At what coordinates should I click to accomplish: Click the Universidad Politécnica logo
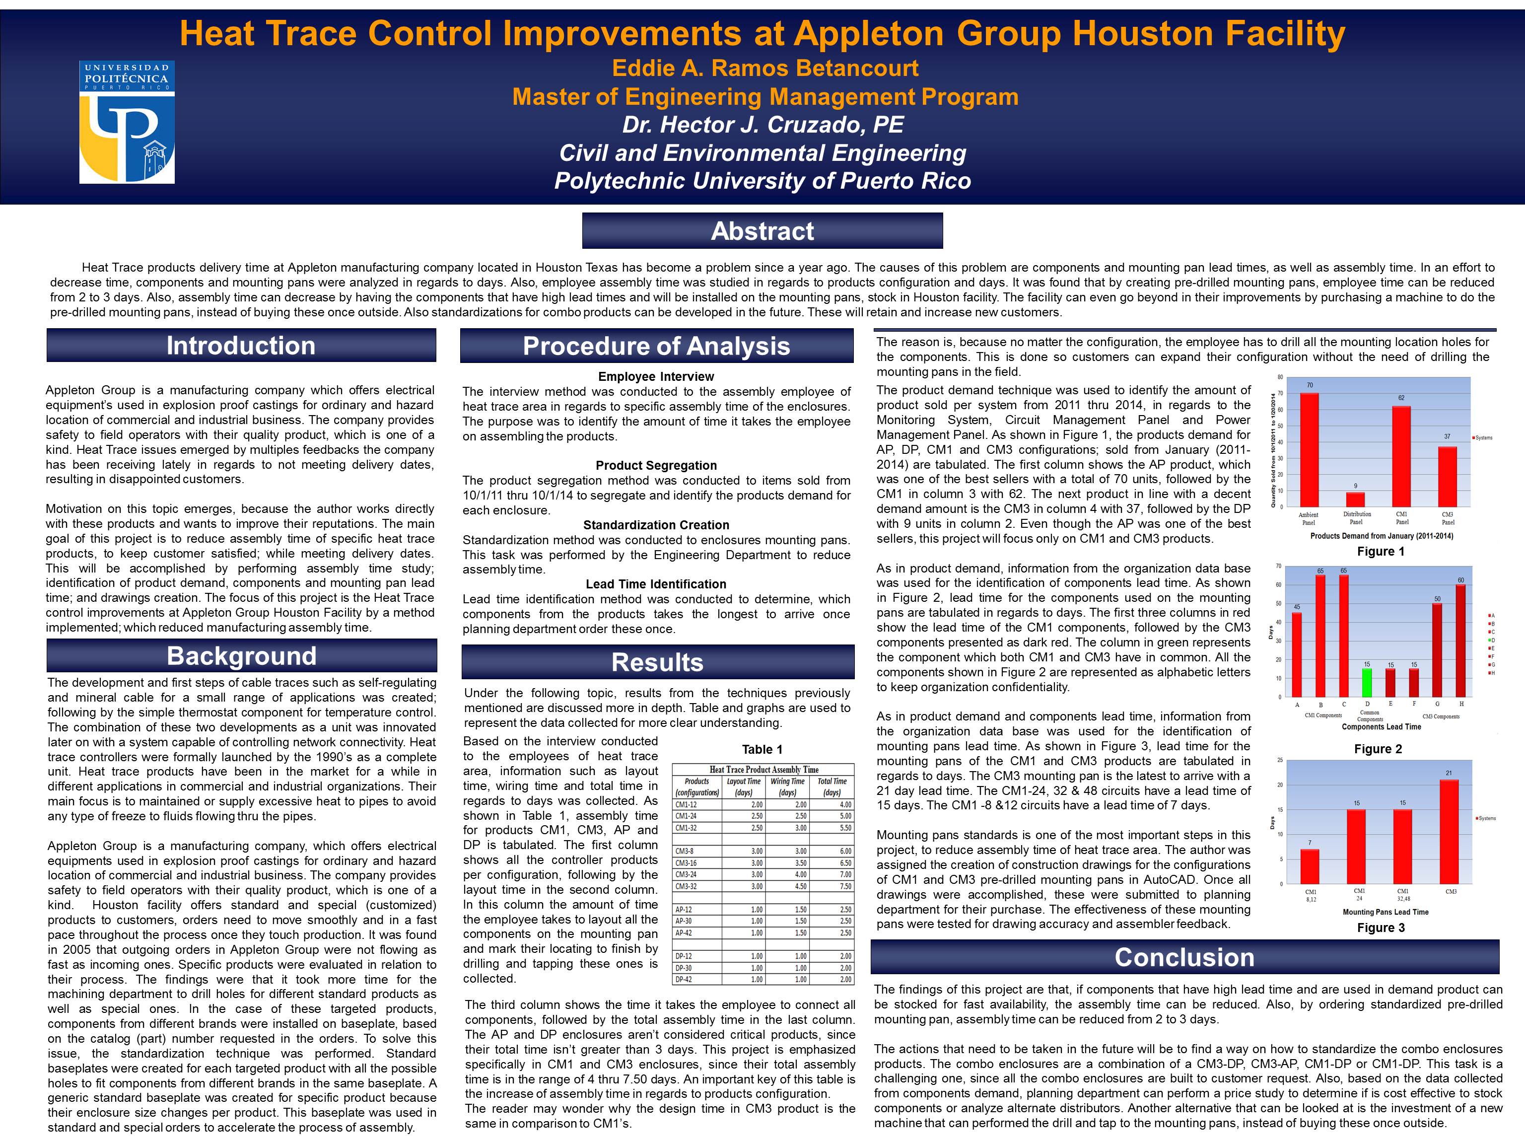coord(127,122)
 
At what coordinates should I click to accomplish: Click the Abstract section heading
coord(762,231)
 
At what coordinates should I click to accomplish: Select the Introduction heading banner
coord(241,346)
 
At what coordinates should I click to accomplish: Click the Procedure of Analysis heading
coord(656,346)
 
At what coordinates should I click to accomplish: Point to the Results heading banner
coord(657,662)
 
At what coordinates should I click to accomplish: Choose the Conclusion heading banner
coord(1184,957)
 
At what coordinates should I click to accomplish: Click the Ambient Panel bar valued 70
coord(1309,449)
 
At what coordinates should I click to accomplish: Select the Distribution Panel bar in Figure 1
coord(1355,499)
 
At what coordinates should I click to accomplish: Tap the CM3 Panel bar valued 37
coord(1447,477)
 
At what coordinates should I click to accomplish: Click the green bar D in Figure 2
coord(1367,682)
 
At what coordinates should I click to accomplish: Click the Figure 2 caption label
coord(1379,749)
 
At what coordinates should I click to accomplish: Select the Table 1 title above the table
coord(762,750)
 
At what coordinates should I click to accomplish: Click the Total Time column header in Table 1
coord(832,787)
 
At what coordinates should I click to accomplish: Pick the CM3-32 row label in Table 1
coord(686,886)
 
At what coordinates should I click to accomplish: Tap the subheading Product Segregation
coord(656,465)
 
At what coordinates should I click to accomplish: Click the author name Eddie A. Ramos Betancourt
coord(764,68)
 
